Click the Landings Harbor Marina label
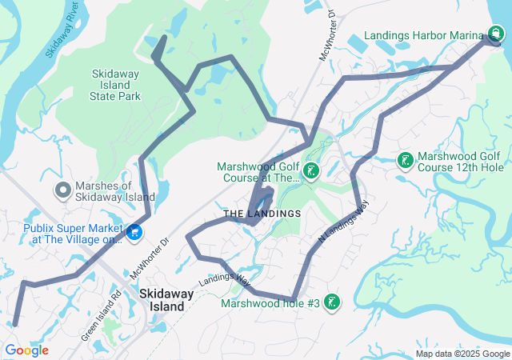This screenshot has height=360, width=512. pos(422,35)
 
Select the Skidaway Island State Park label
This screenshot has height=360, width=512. pos(117,84)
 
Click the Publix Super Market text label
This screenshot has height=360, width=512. pos(62,232)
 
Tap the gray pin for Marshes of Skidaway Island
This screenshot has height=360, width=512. pos(62,190)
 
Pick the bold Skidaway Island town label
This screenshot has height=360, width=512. pos(166,299)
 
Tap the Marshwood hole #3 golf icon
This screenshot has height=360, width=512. pos(332,302)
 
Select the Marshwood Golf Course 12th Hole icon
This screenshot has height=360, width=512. pos(406,161)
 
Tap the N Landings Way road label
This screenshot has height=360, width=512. pos(344,222)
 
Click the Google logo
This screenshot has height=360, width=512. pos(26,350)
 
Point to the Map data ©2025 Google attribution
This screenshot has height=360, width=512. pos(462,354)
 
